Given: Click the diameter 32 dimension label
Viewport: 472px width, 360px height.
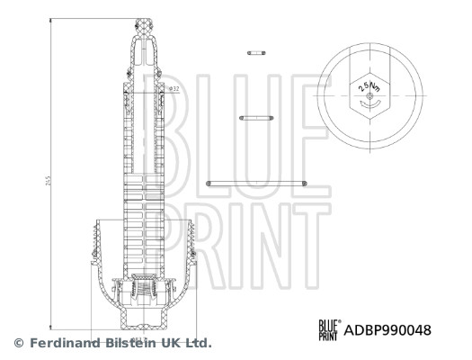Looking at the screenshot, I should pyautogui.click(x=174, y=89).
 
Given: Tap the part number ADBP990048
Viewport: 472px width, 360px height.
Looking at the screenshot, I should pyautogui.click(x=388, y=330).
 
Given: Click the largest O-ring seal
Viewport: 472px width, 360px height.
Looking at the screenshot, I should pyautogui.click(x=257, y=183).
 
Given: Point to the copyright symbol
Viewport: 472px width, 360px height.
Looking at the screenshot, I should pyautogui.click(x=17, y=343).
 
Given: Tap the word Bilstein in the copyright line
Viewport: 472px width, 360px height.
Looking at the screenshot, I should pyautogui.click(x=131, y=343).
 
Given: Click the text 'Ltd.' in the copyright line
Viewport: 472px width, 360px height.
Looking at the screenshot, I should pyautogui.click(x=198, y=343).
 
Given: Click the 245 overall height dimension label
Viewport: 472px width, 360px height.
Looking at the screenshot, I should pyautogui.click(x=46, y=180).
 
